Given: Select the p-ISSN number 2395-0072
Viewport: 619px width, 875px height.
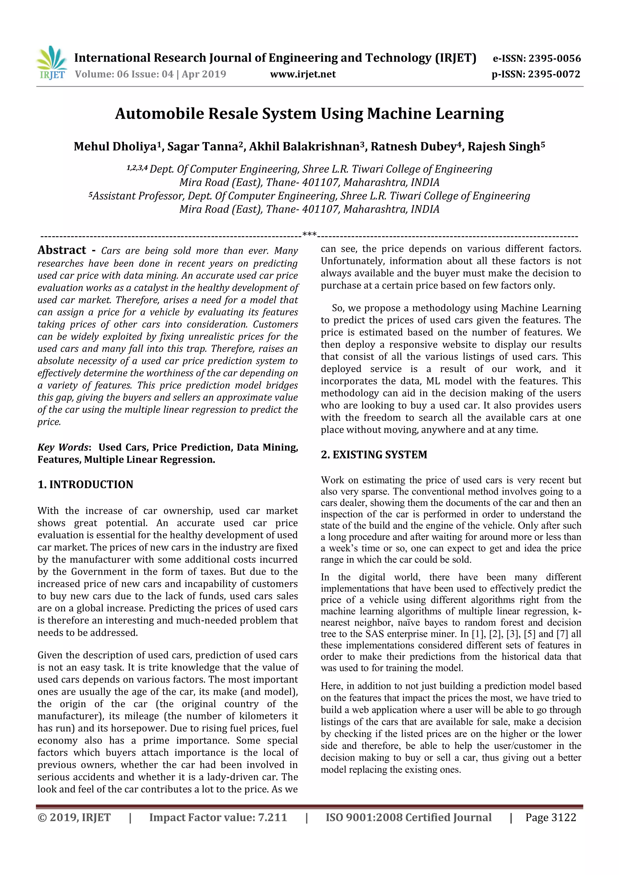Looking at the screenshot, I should (554, 74).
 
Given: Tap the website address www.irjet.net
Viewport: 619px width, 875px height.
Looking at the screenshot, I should (303, 74).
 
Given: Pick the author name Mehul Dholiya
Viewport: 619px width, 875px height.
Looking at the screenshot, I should (117, 147).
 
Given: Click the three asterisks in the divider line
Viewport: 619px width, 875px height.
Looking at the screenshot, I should (309, 234).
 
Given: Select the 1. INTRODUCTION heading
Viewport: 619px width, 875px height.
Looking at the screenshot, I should (86, 484).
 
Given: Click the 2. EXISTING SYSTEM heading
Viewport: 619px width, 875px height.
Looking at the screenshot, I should (374, 455).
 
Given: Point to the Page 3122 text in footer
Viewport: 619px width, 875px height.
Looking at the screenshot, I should (550, 817).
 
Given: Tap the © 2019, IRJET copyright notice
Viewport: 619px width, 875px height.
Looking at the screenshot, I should (74, 817).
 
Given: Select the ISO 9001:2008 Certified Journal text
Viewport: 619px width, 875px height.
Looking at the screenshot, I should (408, 817).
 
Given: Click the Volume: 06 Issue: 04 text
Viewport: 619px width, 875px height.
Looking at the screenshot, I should (124, 74).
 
